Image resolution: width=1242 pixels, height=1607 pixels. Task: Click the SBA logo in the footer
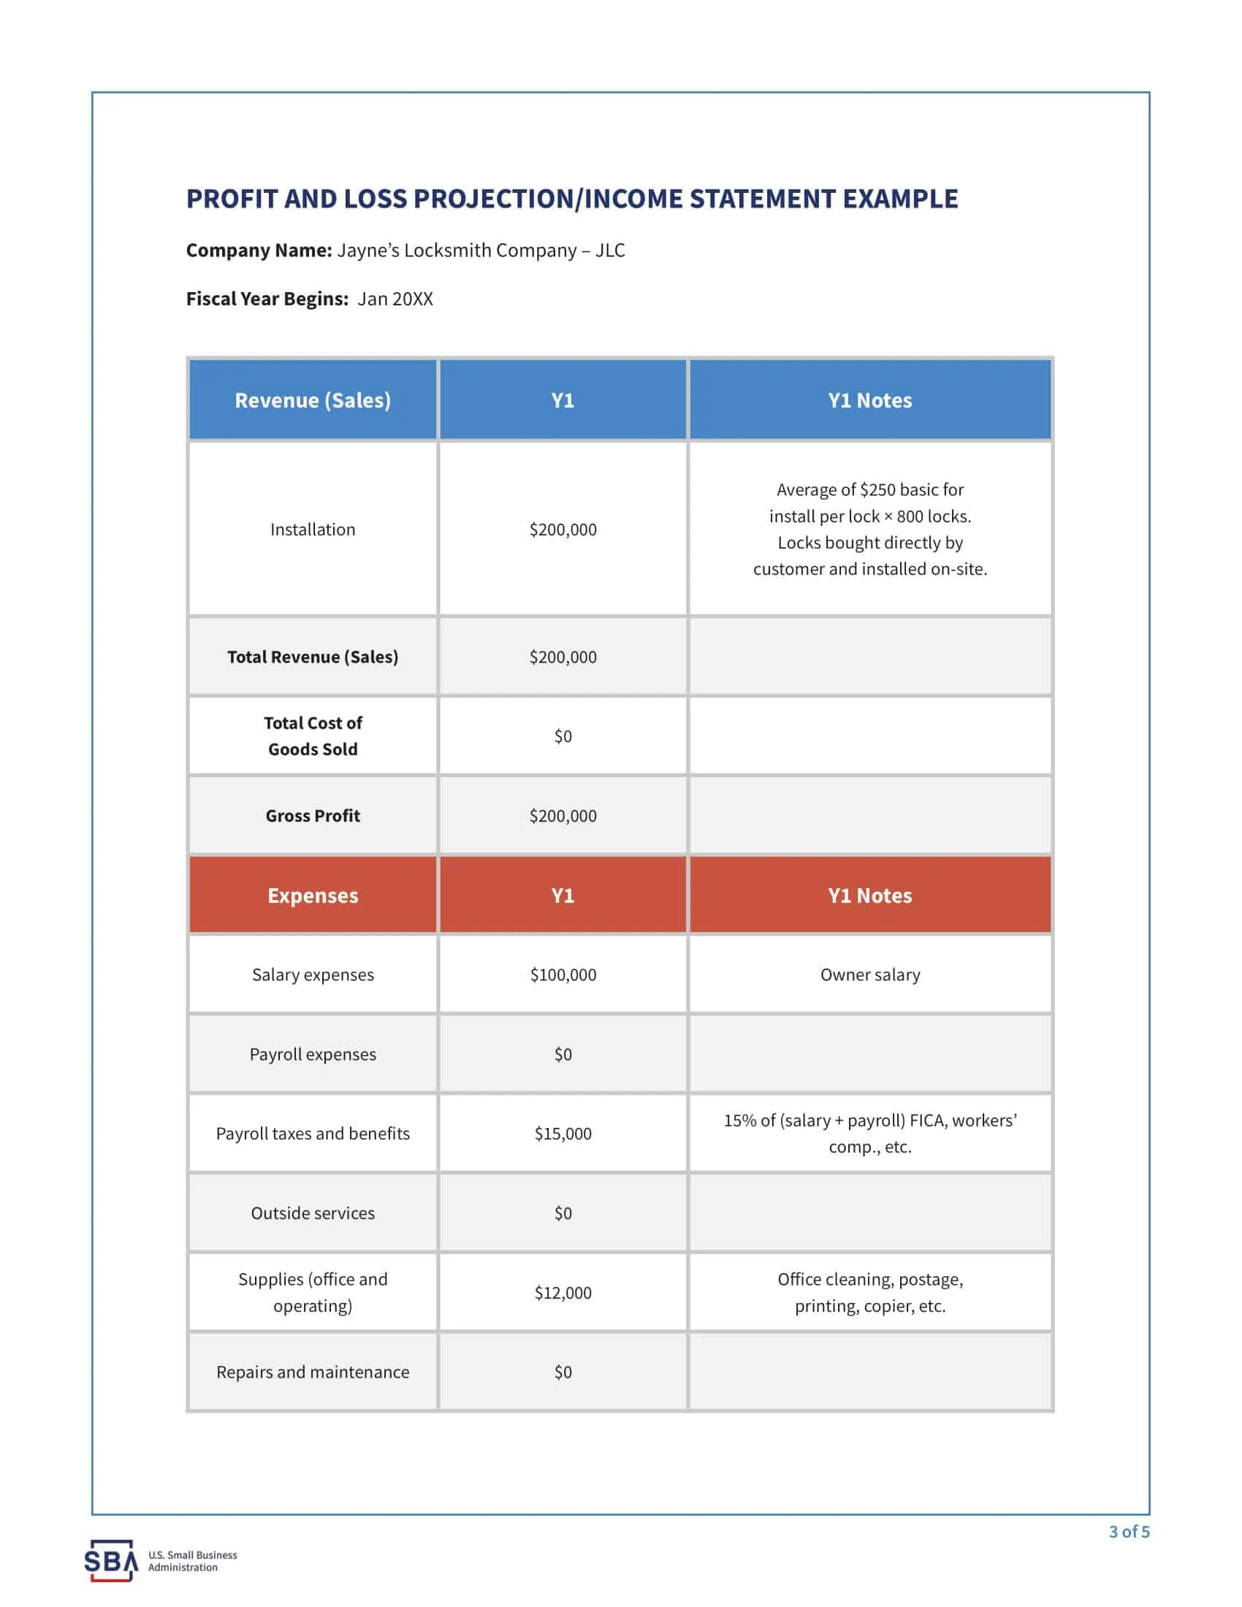coord(111,1560)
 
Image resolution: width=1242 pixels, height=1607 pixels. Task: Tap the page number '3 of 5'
coord(1129,1531)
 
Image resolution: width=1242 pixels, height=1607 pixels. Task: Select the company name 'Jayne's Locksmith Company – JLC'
coord(481,250)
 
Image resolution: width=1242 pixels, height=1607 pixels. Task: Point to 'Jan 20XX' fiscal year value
coord(395,299)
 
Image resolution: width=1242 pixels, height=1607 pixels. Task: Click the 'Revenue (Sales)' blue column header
coord(313,400)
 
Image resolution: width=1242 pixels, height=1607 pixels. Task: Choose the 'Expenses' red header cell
coord(313,896)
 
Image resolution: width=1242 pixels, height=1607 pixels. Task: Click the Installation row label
coord(313,529)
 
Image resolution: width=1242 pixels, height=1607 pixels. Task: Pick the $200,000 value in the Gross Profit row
coord(563,815)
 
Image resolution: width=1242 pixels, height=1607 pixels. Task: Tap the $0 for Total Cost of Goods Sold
coord(563,736)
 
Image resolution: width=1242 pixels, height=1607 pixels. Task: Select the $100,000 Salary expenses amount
coord(563,974)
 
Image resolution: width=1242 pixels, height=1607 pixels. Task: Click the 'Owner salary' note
coord(869,974)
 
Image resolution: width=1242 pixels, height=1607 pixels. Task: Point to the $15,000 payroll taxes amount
coord(563,1133)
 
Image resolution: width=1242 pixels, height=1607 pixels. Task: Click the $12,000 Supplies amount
coord(563,1293)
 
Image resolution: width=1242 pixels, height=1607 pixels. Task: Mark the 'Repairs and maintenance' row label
coord(313,1372)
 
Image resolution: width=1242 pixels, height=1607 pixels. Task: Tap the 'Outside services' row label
coord(313,1213)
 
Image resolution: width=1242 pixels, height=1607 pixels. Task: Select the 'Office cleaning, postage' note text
coord(869,1280)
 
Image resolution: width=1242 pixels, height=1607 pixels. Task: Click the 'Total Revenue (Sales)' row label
coord(313,657)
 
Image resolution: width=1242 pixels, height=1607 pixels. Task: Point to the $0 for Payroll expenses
coord(563,1053)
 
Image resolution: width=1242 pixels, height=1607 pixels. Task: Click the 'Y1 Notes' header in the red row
coord(869,896)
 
